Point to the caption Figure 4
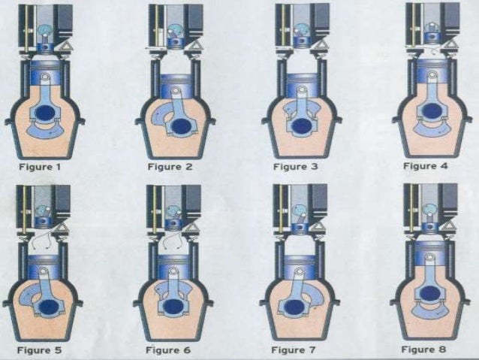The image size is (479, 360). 425,165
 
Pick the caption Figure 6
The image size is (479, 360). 169,349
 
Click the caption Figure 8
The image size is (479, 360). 424,349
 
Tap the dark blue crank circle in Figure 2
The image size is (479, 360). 181,118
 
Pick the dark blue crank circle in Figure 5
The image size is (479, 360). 49,307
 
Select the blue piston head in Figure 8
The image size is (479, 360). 430,253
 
